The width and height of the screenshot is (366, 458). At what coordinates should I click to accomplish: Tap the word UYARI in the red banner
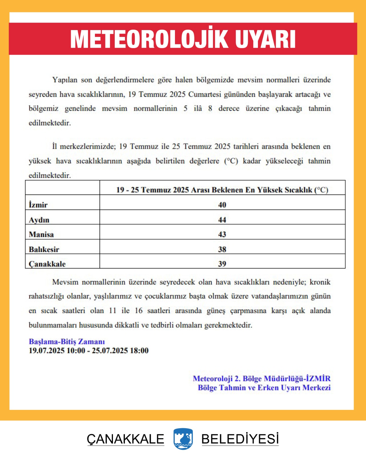pyautogui.click(x=265, y=39)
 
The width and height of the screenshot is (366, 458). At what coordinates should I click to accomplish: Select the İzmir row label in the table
pyautogui.click(x=38, y=205)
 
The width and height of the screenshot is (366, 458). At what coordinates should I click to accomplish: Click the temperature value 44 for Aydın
pyautogui.click(x=222, y=220)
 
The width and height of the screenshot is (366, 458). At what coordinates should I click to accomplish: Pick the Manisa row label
pyautogui.click(x=41, y=234)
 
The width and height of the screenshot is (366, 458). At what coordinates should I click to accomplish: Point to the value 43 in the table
pyautogui.click(x=222, y=234)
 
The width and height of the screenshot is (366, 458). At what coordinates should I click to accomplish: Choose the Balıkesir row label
pyautogui.click(x=44, y=249)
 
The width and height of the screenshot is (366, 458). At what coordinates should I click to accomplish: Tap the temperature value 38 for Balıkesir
pyautogui.click(x=222, y=249)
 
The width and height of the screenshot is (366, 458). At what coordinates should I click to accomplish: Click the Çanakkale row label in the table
pyautogui.click(x=47, y=264)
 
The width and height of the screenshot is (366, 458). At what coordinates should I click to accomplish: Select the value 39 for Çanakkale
pyautogui.click(x=222, y=264)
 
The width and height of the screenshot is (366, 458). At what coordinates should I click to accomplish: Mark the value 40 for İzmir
pyautogui.click(x=222, y=205)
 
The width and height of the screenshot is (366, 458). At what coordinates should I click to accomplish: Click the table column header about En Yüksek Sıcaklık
pyautogui.click(x=222, y=190)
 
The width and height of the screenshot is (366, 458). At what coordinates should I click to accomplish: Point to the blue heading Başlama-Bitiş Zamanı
pyautogui.click(x=67, y=341)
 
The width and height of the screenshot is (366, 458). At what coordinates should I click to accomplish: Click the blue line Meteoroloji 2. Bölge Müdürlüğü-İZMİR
pyautogui.click(x=262, y=379)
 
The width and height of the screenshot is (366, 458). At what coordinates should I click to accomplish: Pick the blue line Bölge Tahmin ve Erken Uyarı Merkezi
pyautogui.click(x=264, y=388)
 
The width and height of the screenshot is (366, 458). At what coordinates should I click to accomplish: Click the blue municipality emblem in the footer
pyautogui.click(x=183, y=439)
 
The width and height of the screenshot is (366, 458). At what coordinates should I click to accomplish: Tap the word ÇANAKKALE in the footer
pyautogui.click(x=126, y=439)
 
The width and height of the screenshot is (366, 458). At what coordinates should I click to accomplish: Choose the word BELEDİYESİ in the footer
pyautogui.click(x=240, y=439)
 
